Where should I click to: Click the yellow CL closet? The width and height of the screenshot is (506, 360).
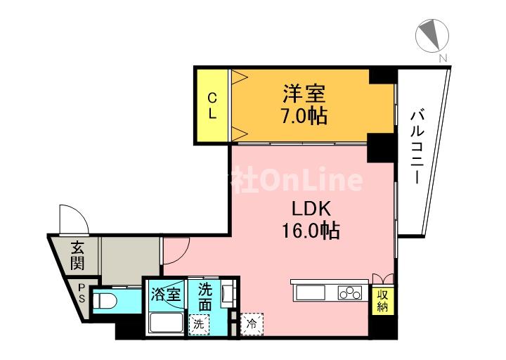tap(212, 105)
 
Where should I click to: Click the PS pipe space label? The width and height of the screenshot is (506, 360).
tap(82, 292)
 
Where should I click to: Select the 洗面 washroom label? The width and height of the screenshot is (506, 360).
tap(205, 297)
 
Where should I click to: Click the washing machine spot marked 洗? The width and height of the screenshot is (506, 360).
tap(199, 324)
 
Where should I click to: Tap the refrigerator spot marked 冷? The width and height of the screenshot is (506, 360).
tap(251, 324)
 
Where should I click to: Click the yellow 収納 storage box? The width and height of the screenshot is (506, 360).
tap(383, 302)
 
